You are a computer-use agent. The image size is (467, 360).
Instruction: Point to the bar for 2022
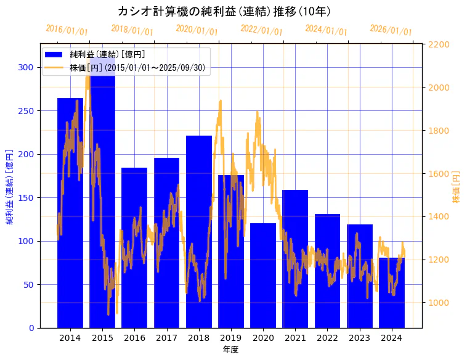coord(327,271)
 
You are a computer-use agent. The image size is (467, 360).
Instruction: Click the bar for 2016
coord(134,247)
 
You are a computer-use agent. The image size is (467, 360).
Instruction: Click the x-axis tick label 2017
coord(166,338)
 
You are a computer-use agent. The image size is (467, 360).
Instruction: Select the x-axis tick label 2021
coord(295,338)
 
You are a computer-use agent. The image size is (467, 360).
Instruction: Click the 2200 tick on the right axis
coord(439,44)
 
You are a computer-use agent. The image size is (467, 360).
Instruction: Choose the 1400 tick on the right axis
coord(439,216)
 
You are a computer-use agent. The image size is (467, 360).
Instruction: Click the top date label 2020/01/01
coord(197,30)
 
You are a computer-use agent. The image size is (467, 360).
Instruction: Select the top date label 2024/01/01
coord(326,30)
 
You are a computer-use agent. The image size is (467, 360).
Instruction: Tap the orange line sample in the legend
coord(54,67)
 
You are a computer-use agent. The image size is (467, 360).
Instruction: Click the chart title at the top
coord(225,12)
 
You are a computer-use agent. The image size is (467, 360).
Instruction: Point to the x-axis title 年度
coord(230,350)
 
